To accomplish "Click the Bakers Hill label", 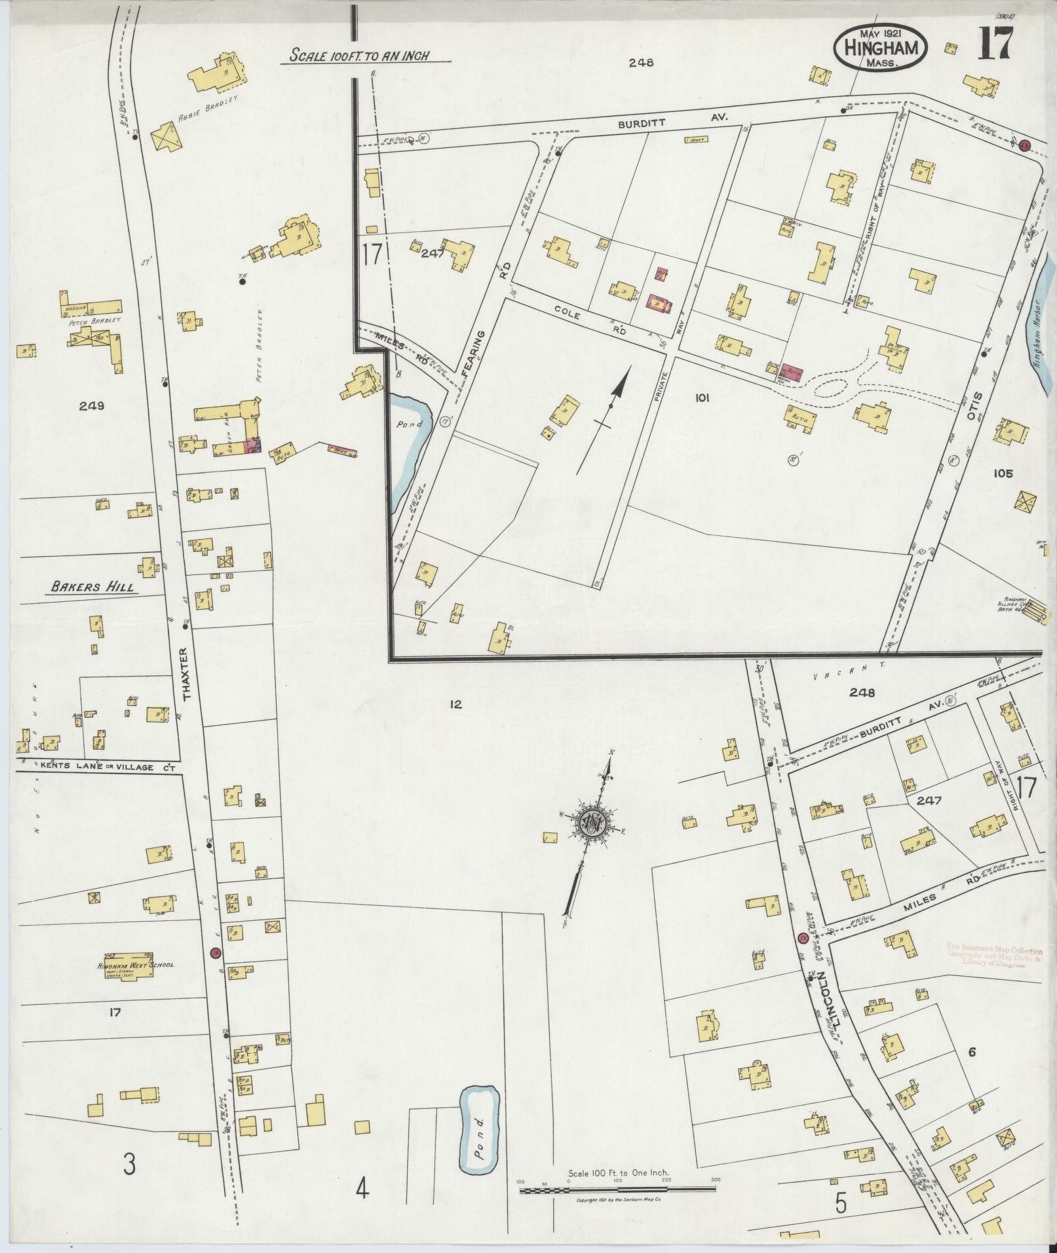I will [94, 587].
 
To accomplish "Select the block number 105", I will [1003, 473].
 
